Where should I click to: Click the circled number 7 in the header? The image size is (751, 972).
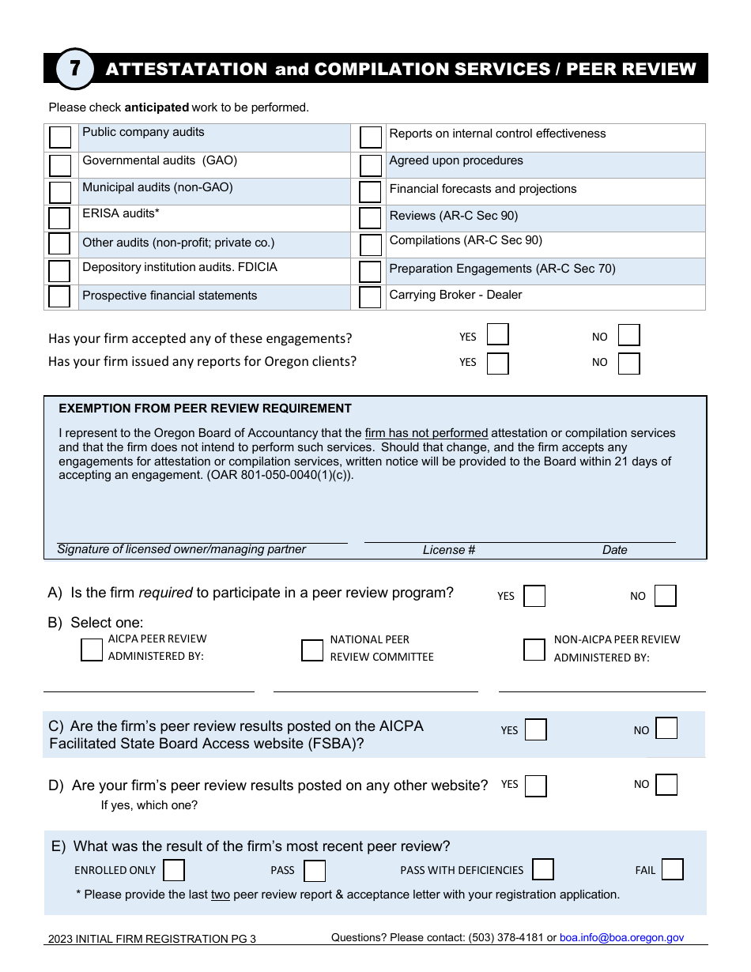pyautogui.click(x=75, y=69)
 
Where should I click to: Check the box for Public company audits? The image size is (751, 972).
pyautogui.click(x=60, y=138)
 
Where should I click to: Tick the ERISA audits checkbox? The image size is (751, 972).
pyautogui.click(x=59, y=218)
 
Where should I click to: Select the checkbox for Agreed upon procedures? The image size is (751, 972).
pyautogui.click(x=371, y=165)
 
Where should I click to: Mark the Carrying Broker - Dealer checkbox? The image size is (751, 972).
pyautogui.click(x=370, y=297)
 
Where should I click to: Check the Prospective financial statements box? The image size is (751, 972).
pyautogui.click(x=59, y=296)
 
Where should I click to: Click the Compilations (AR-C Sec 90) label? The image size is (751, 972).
pyautogui.click(x=466, y=240)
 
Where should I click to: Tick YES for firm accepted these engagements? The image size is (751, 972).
pyautogui.click(x=497, y=335)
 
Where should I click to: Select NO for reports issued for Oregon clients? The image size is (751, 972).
pyautogui.click(x=628, y=364)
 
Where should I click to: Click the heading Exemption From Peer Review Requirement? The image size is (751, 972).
pyautogui.click(x=206, y=409)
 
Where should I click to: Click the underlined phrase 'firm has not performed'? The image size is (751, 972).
pyautogui.click(x=426, y=433)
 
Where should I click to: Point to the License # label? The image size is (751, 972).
pyautogui.click(x=449, y=550)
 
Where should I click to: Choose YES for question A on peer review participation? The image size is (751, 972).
pyautogui.click(x=534, y=596)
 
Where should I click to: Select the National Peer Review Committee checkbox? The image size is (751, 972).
pyautogui.click(x=312, y=650)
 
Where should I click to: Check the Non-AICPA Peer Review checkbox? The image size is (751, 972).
pyautogui.click(x=534, y=650)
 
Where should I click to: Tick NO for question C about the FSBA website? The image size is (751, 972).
pyautogui.click(x=666, y=729)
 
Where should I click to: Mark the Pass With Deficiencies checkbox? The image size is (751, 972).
pyautogui.click(x=542, y=869)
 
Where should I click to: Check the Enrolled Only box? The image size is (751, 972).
pyautogui.click(x=174, y=870)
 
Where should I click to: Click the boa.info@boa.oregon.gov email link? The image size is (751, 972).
pyautogui.click(x=621, y=938)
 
